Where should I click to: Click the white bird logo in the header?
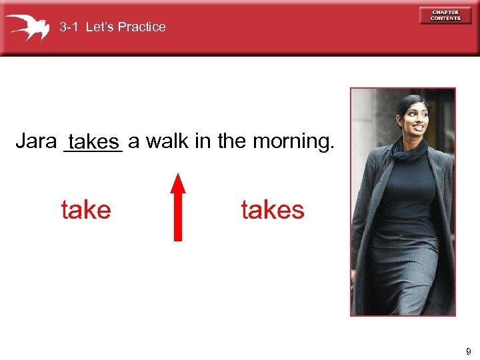click(x=27, y=27)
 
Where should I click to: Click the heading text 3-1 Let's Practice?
click(x=112, y=27)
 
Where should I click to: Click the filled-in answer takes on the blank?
click(x=93, y=142)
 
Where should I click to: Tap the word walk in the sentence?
click(x=166, y=141)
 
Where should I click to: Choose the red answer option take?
click(x=86, y=211)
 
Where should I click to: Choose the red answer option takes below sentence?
click(x=272, y=211)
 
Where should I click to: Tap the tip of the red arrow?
click(x=178, y=175)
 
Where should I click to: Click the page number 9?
click(x=469, y=351)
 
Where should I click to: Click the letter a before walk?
click(x=133, y=142)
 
